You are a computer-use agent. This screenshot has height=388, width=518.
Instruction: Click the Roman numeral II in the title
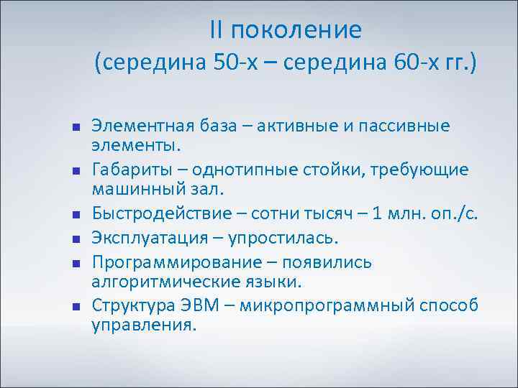[217, 30]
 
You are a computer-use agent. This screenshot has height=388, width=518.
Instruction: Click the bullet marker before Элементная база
[75, 128]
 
